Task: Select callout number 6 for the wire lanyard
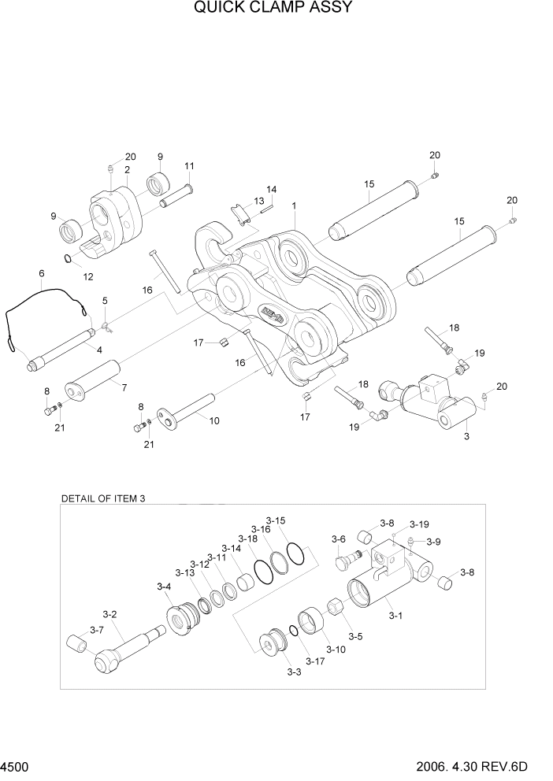tap(41, 273)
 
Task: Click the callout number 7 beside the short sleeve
tap(123, 385)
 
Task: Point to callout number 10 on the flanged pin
tap(213, 420)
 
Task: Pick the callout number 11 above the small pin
tap(189, 166)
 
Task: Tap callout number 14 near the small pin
tap(271, 190)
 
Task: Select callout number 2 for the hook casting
tap(127, 169)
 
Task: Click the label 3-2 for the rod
tap(109, 615)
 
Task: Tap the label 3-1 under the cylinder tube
tap(395, 616)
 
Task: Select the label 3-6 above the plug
tap(338, 539)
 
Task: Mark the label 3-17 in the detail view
tap(315, 660)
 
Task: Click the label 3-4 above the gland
tap(164, 587)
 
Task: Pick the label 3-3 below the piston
tap(294, 672)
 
